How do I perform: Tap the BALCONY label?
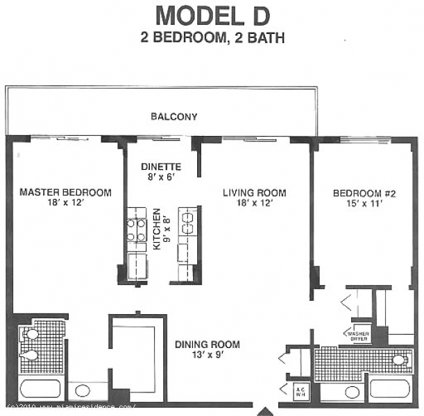click(x=173, y=116)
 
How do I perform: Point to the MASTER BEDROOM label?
click(x=65, y=192)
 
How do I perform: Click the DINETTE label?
click(x=161, y=167)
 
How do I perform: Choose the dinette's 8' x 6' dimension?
click(x=161, y=177)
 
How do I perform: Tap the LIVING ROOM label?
click(x=254, y=193)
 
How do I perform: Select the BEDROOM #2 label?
click(x=358, y=193)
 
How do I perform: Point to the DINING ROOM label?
click(x=207, y=345)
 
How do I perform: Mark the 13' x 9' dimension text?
click(x=207, y=356)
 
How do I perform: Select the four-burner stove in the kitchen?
click(x=135, y=229)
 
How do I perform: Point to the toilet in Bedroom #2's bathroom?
click(x=398, y=360)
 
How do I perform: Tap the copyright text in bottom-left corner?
click(x=69, y=406)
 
